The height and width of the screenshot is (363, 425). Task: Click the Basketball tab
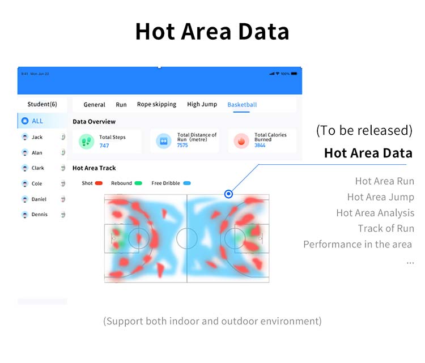click(x=242, y=105)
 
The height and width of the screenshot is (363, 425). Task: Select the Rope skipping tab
click(x=156, y=104)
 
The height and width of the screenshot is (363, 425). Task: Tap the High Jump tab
click(x=202, y=104)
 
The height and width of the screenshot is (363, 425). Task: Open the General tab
click(x=94, y=105)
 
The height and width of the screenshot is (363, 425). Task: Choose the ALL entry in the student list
click(x=37, y=121)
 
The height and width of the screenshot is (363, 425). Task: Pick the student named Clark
click(x=37, y=168)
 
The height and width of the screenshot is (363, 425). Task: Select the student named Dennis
click(x=39, y=214)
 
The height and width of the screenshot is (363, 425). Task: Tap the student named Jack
click(x=37, y=137)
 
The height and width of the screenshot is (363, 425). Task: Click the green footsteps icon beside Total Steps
click(x=86, y=141)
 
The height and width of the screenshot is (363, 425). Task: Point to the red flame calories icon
click(x=241, y=141)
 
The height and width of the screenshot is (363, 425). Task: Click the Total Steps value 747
click(x=104, y=146)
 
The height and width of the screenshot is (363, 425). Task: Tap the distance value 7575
click(x=182, y=145)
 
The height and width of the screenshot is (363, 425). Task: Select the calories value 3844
click(x=260, y=145)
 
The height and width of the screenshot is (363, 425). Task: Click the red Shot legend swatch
click(x=99, y=183)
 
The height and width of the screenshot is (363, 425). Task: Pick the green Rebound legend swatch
click(x=138, y=183)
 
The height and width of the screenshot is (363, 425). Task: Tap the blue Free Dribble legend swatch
click(x=187, y=183)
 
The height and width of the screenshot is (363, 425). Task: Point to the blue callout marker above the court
click(x=228, y=194)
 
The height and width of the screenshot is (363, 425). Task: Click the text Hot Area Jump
click(x=381, y=197)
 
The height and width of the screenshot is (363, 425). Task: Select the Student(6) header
click(x=42, y=104)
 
